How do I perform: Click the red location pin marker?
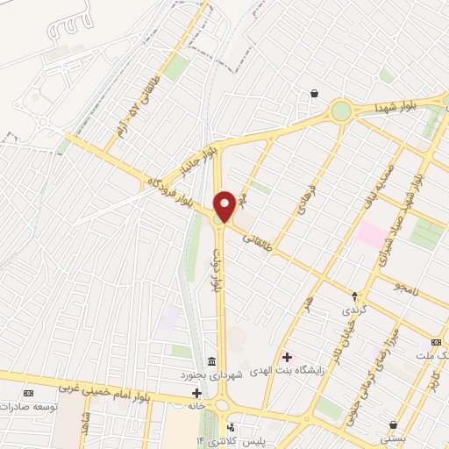pyautogui.click(x=224, y=205)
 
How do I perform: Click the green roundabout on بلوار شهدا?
pyautogui.click(x=340, y=111)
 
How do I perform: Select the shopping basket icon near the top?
pyautogui.click(x=314, y=93)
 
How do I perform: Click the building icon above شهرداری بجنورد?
pyautogui.click(x=211, y=362)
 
